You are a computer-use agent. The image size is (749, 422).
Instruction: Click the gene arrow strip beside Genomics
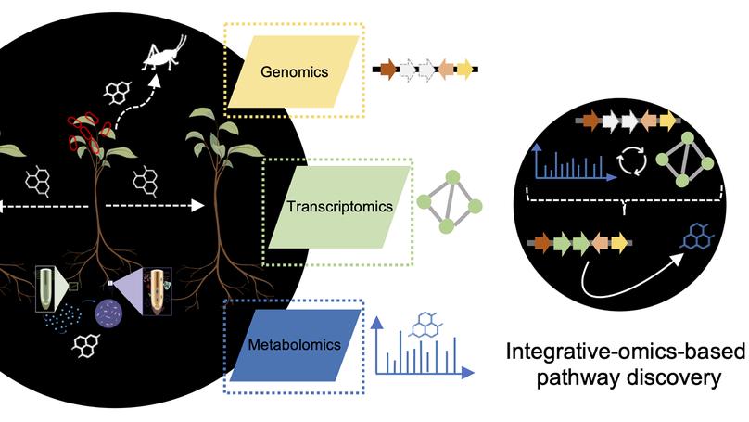[425, 68]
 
